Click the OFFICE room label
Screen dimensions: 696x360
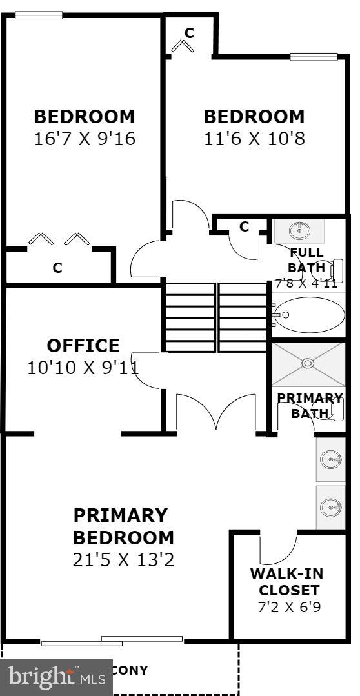(83, 346)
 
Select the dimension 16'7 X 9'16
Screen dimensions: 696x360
(85, 139)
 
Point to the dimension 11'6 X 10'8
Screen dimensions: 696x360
(254, 139)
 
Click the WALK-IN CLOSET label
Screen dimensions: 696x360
(287, 582)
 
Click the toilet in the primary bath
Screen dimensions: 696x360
(337, 409)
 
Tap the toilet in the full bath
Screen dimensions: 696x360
(335, 270)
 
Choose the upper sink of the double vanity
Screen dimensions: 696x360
(331, 459)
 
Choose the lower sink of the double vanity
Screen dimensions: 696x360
(331, 506)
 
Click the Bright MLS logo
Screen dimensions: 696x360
(56, 677)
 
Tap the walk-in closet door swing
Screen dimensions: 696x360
(276, 548)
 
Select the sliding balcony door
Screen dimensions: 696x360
(112, 641)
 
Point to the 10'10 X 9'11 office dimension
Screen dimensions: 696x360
(83, 368)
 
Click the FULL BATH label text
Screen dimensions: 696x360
(307, 259)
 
